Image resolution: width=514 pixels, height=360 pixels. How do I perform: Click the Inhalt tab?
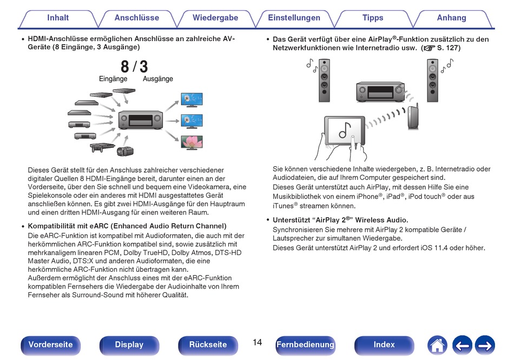[x=58, y=18]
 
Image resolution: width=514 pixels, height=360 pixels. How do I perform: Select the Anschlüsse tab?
[x=137, y=18]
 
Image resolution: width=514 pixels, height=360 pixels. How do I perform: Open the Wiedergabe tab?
[x=215, y=18]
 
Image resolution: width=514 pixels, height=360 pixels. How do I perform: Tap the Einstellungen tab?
[x=294, y=18]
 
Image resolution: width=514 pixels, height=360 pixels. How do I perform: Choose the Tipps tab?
[x=373, y=18]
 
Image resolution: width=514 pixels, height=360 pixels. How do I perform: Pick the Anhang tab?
[x=451, y=18]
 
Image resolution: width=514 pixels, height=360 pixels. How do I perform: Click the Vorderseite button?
[x=50, y=345]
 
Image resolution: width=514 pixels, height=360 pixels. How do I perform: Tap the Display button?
[x=129, y=345]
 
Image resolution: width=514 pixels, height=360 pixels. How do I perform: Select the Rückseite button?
[x=208, y=345]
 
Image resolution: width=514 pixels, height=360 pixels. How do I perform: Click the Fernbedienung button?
[x=306, y=345]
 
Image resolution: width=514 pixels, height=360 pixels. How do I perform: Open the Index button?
[x=384, y=345]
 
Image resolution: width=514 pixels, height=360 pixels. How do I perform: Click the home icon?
[x=437, y=345]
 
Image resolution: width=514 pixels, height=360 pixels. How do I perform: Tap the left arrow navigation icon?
[x=462, y=345]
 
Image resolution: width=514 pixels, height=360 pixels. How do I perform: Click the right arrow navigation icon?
[x=485, y=345]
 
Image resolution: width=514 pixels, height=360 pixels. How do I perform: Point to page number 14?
[x=258, y=343]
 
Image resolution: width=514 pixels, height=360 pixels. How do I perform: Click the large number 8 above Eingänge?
[x=125, y=67]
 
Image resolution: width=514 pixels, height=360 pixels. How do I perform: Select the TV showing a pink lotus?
[x=192, y=142]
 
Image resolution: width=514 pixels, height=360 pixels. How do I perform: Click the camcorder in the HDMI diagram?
[x=125, y=151]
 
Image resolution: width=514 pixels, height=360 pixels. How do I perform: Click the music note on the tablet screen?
[x=345, y=130]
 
